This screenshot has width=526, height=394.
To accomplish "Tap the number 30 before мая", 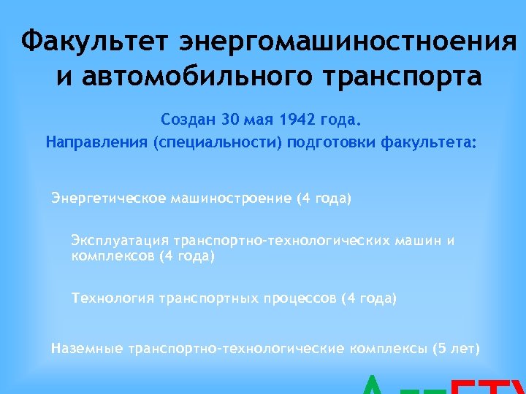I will (230, 117).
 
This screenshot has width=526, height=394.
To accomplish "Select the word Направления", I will (96, 141).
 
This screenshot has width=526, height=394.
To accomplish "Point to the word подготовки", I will (333, 141).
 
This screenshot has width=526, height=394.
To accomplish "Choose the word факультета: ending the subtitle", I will (428, 141).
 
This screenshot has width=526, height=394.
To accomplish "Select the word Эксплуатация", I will (120, 240).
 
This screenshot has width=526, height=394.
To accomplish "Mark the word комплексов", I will (112, 256).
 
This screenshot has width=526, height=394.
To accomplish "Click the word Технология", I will (110, 298).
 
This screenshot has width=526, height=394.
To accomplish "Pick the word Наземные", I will (87, 348).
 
